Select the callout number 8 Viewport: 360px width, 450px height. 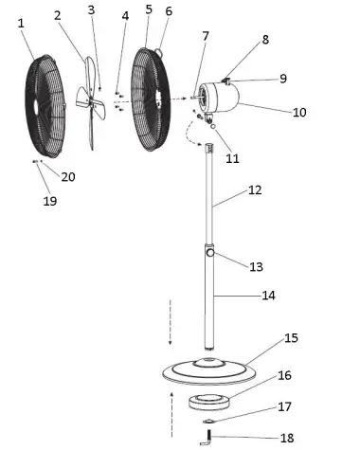tap(265, 40)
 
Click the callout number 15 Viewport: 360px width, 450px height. tap(291, 338)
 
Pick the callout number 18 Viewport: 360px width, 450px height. tap(287, 437)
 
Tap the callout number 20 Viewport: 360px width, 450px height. tap(67, 177)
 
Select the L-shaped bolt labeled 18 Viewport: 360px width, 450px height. tap(207, 436)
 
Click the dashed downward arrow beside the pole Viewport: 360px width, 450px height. tap(171, 322)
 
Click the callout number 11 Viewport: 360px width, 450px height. tap(232, 158)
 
